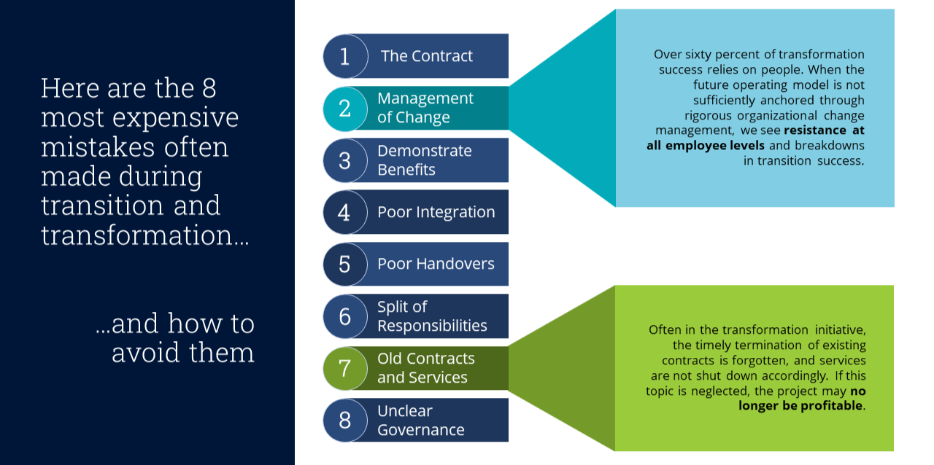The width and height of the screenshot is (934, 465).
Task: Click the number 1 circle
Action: click(344, 56)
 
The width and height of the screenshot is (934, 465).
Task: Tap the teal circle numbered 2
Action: click(344, 109)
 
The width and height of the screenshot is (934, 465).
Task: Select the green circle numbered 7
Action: click(344, 368)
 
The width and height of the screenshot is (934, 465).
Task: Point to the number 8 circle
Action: click(344, 420)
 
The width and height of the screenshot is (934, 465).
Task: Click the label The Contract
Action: click(426, 56)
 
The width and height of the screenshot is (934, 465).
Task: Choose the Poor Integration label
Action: click(436, 212)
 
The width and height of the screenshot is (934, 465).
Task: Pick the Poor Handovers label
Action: click(436, 264)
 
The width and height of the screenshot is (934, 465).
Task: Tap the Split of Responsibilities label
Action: click(432, 316)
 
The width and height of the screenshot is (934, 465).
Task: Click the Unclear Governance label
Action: click(420, 421)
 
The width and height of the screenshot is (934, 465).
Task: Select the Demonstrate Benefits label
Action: click(424, 160)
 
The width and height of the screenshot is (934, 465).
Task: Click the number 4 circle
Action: click(344, 212)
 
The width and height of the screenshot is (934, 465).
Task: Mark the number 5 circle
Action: click(344, 264)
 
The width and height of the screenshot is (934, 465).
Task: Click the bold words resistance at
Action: click(824, 131)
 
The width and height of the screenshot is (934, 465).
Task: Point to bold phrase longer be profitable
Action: click(800, 405)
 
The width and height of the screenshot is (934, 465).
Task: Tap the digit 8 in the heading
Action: click(208, 88)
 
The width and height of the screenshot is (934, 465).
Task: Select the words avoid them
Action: click(182, 352)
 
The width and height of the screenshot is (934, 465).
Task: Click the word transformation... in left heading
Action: click(144, 235)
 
